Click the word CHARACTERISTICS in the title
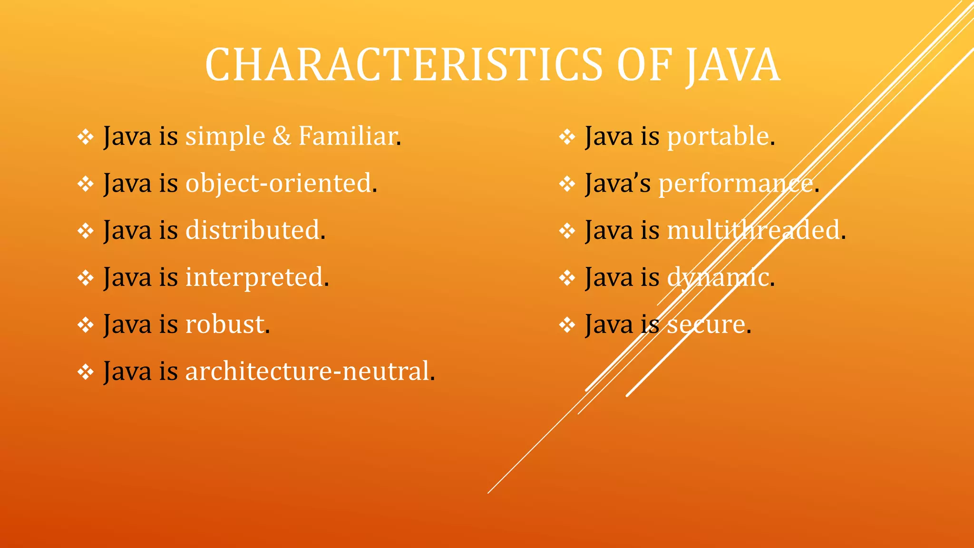(x=404, y=65)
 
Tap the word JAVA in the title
(x=732, y=65)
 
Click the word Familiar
(x=348, y=137)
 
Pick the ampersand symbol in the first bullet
(x=282, y=137)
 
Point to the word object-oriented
(x=278, y=184)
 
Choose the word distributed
(x=252, y=230)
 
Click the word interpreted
(x=254, y=278)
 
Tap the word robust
(x=224, y=324)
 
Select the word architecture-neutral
(x=307, y=372)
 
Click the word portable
(x=718, y=137)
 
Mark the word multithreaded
(x=753, y=230)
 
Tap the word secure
(x=706, y=325)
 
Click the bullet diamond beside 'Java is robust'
(x=86, y=325)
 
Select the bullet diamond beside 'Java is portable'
(x=567, y=137)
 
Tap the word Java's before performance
(x=618, y=184)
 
